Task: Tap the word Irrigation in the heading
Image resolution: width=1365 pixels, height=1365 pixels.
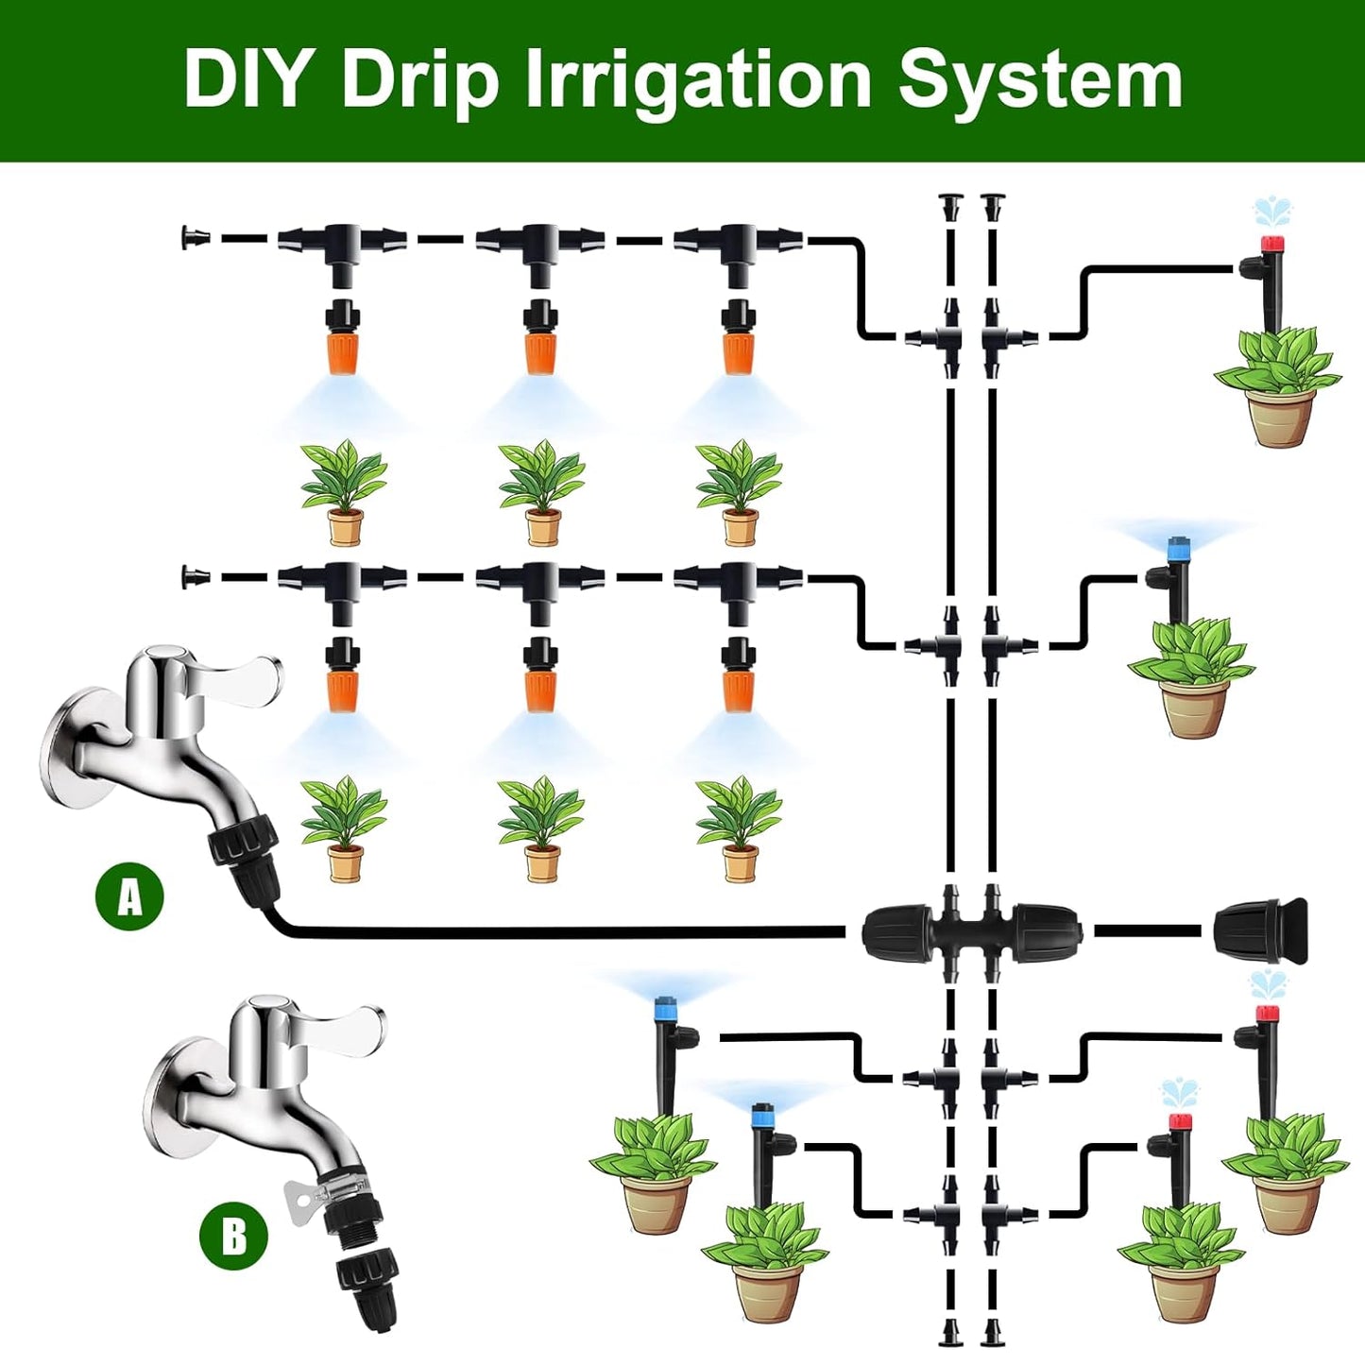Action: (x=698, y=81)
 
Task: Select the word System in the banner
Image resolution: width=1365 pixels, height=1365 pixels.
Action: (x=1040, y=81)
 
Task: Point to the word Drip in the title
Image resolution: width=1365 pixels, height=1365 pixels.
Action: (x=419, y=81)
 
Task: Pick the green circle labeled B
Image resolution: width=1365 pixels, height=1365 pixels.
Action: (x=233, y=1236)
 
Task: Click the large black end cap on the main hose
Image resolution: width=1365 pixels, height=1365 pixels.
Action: (x=1261, y=931)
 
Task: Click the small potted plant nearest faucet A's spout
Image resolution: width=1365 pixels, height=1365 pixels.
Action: (x=344, y=828)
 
